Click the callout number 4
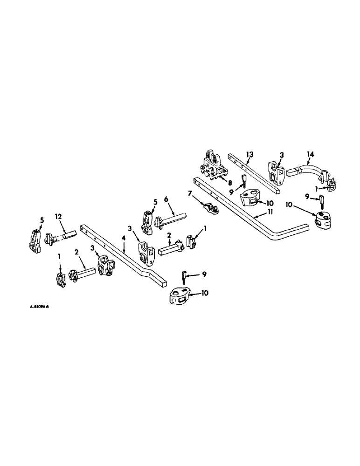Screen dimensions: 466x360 pyautogui.click(x=123, y=239)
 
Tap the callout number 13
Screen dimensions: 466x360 pyautogui.click(x=250, y=154)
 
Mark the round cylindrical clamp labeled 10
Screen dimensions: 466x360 pyautogui.click(x=320, y=219)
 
